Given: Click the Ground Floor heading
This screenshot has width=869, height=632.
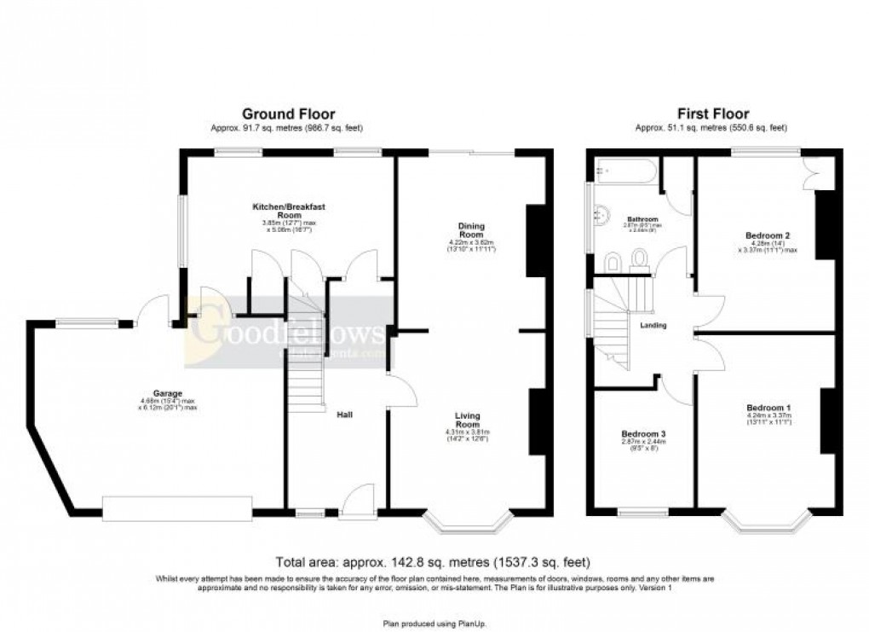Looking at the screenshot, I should [289, 113].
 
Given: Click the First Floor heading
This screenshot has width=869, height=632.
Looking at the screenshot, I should [713, 113].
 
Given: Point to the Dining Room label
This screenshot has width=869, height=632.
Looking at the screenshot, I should [471, 230].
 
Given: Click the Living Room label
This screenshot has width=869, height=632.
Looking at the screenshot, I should [467, 420].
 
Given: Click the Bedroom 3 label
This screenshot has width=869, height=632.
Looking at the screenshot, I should [643, 434].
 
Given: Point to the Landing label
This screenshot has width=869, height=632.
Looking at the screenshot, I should [653, 325].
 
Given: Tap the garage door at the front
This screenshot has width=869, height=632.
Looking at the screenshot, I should [177, 508].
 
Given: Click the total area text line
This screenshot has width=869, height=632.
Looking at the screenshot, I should [433, 562].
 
